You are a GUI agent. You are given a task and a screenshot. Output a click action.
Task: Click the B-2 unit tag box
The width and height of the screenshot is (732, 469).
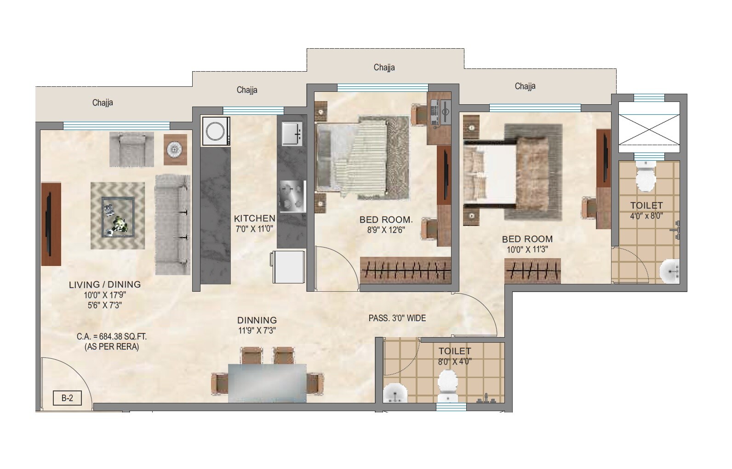tap(67, 398)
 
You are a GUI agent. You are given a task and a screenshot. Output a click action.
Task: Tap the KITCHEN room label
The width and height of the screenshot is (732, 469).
tap(254, 219)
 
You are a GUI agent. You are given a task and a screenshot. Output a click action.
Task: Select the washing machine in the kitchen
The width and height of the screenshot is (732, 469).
tap(215, 131)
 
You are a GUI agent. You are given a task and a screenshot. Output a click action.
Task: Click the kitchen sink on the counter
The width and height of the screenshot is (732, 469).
tap(292, 133)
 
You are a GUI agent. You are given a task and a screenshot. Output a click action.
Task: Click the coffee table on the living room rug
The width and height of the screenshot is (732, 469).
tap(118, 216)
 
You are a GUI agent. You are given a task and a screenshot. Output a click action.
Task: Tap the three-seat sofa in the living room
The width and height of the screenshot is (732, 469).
tap(172, 225)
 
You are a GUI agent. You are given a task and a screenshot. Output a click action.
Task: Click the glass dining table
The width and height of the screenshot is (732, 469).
tap(267, 383)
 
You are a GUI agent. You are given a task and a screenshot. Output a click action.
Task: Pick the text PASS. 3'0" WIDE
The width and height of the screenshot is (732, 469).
tap(397, 318)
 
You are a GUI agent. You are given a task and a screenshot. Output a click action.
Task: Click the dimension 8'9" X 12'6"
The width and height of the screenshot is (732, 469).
tap(385, 230)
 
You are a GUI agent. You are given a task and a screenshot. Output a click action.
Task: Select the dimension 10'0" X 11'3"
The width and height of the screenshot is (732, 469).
tap(527, 249)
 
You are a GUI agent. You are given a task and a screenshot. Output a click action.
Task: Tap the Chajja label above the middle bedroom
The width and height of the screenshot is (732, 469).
tap(384, 68)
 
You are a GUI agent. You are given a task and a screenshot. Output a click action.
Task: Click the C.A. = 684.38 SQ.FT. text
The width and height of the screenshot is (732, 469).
tap(112, 337)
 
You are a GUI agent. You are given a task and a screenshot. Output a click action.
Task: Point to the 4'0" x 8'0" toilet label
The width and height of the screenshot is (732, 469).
tap(646, 215)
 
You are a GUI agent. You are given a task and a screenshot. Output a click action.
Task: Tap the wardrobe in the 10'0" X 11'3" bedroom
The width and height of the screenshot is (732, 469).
tap(532, 271)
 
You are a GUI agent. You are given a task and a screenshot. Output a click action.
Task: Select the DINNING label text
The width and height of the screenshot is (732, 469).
tap(257, 320)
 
